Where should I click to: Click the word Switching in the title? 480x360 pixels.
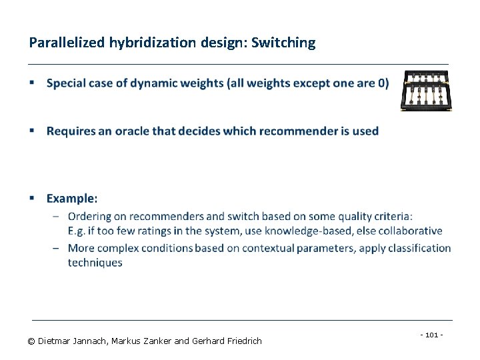point(283,43)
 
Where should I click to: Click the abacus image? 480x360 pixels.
point(426,90)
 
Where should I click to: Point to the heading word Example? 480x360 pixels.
point(71,198)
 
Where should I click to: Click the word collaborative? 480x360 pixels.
point(411,231)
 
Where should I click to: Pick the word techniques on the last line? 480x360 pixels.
point(95,263)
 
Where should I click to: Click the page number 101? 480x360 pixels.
point(432,335)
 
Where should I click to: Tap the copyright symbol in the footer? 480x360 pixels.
point(31,341)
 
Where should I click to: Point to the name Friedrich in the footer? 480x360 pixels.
point(242,341)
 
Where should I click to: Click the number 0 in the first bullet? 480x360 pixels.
point(382,83)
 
